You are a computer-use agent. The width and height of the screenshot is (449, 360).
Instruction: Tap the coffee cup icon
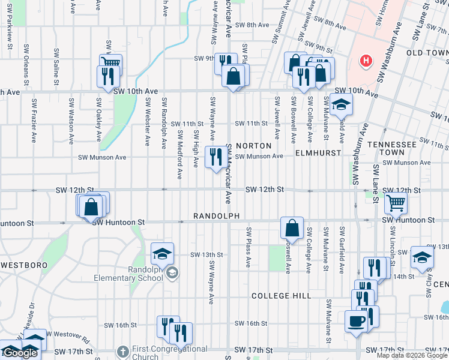coord(357,321)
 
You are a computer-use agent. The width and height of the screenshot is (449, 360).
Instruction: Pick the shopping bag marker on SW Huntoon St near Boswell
coord(292,228)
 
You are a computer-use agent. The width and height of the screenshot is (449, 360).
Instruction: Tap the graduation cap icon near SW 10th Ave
coord(341,105)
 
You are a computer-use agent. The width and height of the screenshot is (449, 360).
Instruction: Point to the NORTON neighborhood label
coord(253,146)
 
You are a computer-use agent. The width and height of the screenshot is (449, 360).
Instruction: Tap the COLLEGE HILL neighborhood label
coord(281,296)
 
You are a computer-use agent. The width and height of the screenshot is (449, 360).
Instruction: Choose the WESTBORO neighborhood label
coord(24,265)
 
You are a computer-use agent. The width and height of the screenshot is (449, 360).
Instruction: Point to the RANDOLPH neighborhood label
coord(217,216)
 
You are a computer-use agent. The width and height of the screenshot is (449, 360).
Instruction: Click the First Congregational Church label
coord(161,352)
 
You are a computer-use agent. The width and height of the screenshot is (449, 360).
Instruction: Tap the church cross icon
coord(122,351)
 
